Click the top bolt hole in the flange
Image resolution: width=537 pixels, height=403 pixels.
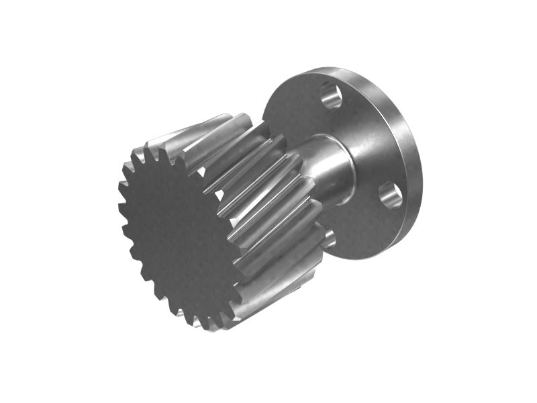331,95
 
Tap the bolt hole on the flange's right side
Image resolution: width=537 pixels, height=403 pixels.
391,194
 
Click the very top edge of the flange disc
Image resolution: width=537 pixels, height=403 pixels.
329,68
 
